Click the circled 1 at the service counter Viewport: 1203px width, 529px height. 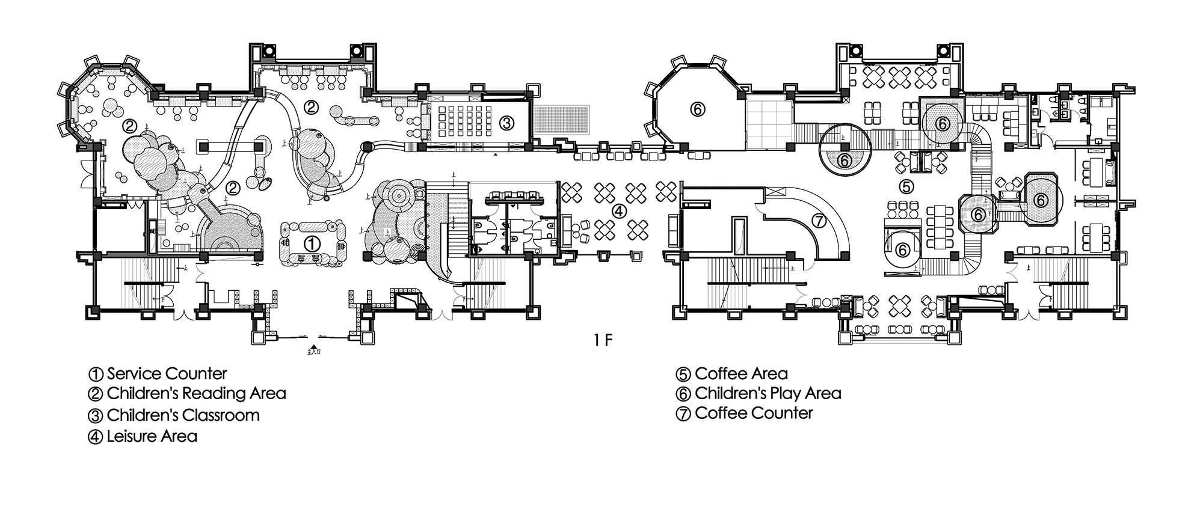coord(311,243)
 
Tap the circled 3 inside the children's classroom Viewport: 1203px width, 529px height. coord(506,123)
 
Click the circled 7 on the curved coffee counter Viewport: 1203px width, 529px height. coord(819,221)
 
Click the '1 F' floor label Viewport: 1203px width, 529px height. coord(603,341)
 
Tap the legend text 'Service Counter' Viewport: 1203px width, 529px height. coord(167,373)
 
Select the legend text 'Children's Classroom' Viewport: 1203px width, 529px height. coord(183,415)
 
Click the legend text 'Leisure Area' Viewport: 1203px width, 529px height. coord(152,436)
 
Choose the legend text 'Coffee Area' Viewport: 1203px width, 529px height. coord(740,373)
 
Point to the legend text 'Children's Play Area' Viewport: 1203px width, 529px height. coord(768,393)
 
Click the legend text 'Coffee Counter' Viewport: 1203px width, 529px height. coord(753,413)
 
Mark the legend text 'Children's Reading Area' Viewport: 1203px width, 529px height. coord(196,394)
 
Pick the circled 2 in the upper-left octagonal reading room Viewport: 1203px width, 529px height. coord(129,126)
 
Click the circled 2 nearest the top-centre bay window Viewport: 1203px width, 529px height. coord(311,108)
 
